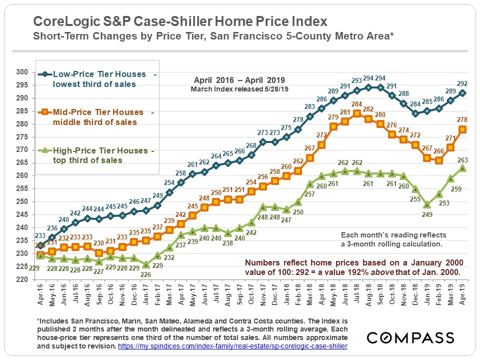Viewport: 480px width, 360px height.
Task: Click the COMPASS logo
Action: coord(410,337)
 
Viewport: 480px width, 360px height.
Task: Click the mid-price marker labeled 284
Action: coord(356,113)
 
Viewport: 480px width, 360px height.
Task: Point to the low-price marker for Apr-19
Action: coord(462,93)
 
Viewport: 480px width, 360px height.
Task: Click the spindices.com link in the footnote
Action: coord(232,346)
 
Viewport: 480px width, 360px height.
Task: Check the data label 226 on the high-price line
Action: coord(145,273)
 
